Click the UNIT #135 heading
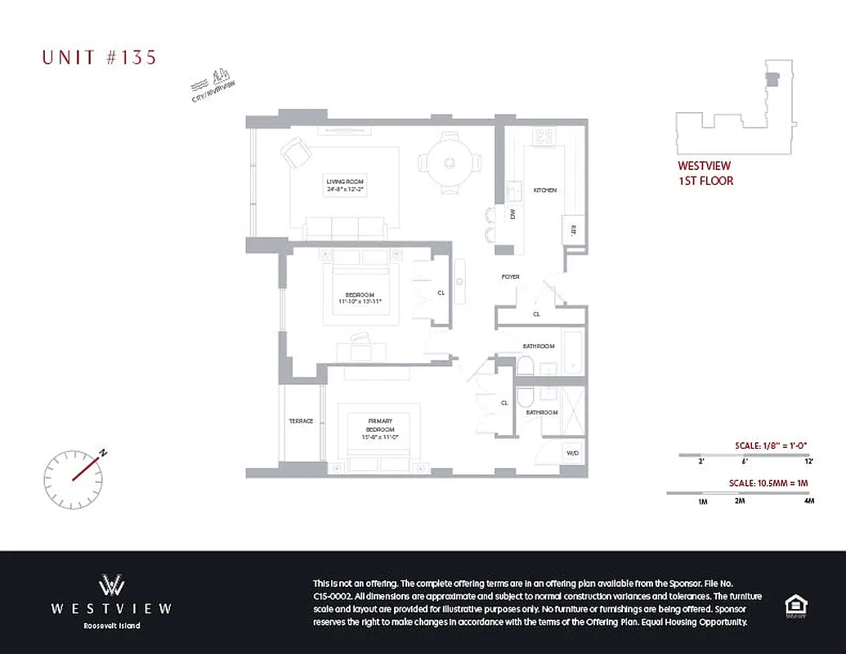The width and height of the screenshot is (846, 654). click(99, 57)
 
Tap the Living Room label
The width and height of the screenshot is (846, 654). click(344, 185)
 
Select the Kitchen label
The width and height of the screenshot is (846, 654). click(545, 190)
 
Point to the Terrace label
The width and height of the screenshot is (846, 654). click(301, 421)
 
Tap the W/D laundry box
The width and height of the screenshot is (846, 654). click(572, 451)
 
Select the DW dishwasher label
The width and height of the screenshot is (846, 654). click(513, 215)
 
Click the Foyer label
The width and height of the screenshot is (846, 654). click(511, 277)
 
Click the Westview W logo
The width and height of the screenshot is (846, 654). click(111, 585)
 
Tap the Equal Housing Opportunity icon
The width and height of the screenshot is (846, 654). click(795, 606)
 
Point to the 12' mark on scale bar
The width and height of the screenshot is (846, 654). click(808, 462)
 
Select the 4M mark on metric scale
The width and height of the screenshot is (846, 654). click(808, 500)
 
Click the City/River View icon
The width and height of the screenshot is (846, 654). click(214, 85)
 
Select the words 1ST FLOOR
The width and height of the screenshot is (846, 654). click(705, 181)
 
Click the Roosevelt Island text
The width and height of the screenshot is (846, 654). click(111, 626)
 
